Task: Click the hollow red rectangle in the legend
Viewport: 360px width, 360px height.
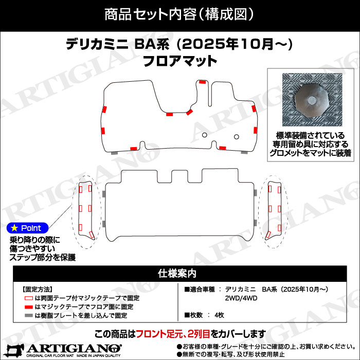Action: pos(28,298)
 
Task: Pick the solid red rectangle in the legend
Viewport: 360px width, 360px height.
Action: pos(28,307)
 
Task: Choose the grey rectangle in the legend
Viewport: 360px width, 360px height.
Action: pos(28,315)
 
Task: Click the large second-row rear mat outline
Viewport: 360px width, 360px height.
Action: pos(179,211)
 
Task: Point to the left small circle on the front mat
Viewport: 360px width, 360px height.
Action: pos(205,136)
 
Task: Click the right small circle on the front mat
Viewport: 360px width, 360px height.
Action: pos(237,137)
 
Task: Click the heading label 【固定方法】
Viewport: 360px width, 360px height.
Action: pos(38,289)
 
